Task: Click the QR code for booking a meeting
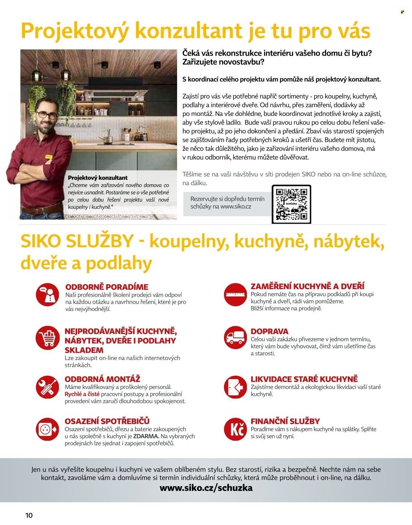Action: point(291,204)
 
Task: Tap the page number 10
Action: point(29,515)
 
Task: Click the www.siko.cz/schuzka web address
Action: point(206,488)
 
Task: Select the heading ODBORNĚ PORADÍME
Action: point(107,287)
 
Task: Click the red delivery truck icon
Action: point(235,338)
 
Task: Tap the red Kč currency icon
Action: point(235,429)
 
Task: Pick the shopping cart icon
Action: point(47,338)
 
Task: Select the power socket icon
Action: point(47,429)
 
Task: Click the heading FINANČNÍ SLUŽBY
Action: point(285,421)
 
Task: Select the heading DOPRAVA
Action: point(269,331)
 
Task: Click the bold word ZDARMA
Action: point(146,436)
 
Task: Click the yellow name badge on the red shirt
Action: point(48,157)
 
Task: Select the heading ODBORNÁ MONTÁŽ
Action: point(102,379)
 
